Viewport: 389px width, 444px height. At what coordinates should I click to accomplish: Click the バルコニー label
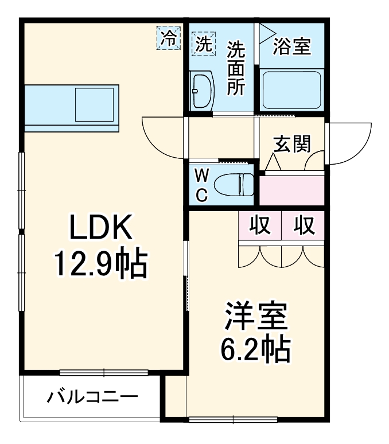click(x=92, y=397)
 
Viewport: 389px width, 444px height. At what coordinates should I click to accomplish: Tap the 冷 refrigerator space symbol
click(x=169, y=38)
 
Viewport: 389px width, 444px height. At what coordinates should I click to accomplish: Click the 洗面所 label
click(x=236, y=68)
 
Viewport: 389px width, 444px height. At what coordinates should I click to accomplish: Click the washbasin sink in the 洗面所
click(x=202, y=91)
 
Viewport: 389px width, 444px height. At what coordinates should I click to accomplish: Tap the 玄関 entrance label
click(x=291, y=144)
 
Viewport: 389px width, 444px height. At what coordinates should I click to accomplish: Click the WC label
click(x=201, y=185)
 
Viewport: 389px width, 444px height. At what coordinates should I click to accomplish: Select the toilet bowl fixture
click(x=234, y=185)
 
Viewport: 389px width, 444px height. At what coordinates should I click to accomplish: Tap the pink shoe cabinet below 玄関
click(x=292, y=190)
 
